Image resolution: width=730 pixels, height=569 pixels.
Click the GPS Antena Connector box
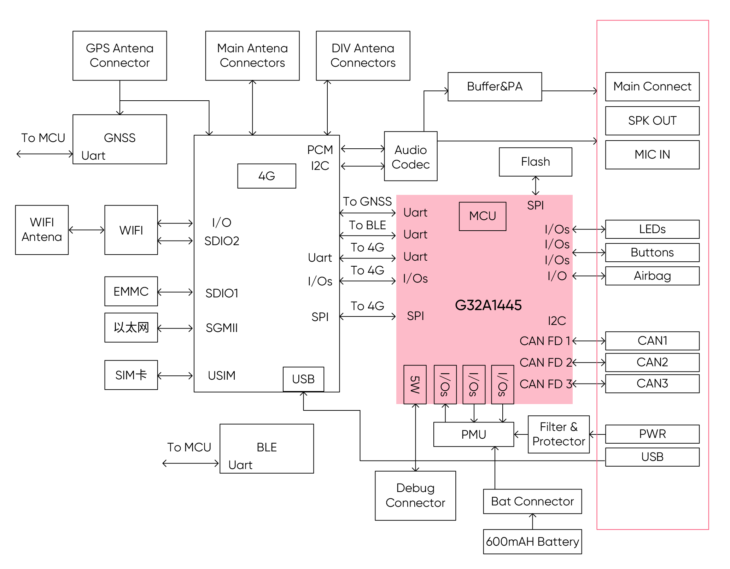119,55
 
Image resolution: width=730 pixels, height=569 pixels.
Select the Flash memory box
535,162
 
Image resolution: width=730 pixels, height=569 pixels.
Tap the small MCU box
482,216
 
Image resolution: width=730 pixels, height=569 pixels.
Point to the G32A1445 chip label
488,305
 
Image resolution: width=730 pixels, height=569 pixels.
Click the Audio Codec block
410,156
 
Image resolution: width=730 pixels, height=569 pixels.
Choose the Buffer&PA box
495,87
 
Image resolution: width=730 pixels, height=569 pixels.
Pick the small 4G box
267,176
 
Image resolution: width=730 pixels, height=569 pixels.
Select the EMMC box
131,291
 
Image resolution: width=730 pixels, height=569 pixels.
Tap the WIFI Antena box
42,230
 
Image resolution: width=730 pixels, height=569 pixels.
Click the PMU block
473,434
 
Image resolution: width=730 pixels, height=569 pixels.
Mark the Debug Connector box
415,495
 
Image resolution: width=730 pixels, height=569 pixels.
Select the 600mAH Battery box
532,541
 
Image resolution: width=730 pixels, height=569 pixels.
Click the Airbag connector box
652,276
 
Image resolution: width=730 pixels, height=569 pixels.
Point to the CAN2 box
652,362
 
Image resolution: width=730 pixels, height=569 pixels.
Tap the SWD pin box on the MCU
415,384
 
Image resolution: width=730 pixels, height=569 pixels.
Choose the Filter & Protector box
559,434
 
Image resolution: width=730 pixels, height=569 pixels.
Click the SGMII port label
222,328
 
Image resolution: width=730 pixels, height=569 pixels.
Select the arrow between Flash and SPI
536,185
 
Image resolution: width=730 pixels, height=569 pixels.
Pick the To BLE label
367,225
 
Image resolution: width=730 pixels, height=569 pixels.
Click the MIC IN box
652,155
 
